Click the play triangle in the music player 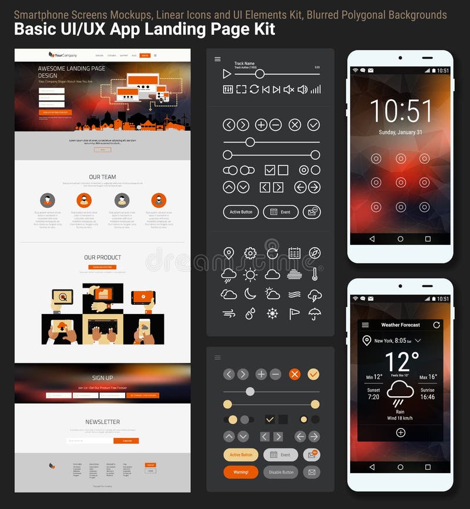(x=227, y=74)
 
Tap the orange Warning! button (x=241, y=472)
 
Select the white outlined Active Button (x=241, y=212)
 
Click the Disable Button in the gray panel (x=281, y=472)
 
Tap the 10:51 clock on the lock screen (x=401, y=111)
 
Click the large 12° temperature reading (x=402, y=363)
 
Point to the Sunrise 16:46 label (x=428, y=393)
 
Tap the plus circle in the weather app (x=401, y=433)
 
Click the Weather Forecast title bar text (x=401, y=325)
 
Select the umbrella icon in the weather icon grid (x=315, y=314)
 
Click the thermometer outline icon (x=315, y=274)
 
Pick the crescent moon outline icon (x=250, y=294)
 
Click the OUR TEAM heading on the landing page (x=102, y=177)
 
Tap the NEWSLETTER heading (x=102, y=422)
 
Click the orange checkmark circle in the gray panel (x=314, y=374)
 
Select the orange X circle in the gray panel (x=295, y=374)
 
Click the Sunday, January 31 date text (x=401, y=133)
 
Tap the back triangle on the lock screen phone (x=372, y=239)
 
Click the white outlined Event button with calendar (x=281, y=212)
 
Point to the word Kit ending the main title (x=264, y=29)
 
